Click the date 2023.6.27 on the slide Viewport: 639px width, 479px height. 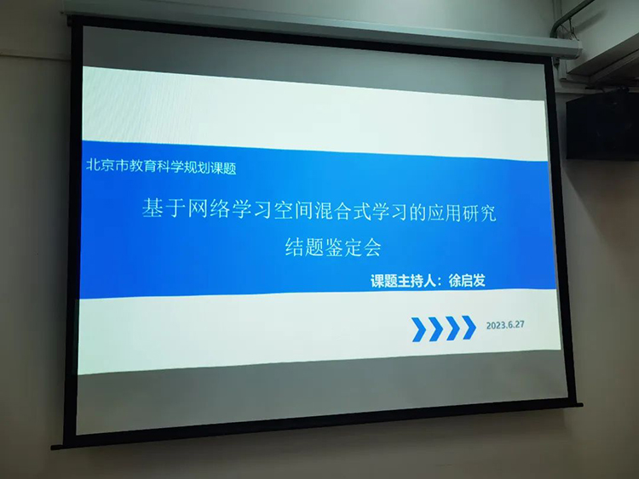(x=505, y=325)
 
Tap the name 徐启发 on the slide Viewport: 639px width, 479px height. (x=467, y=281)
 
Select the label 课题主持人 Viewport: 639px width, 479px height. (x=403, y=282)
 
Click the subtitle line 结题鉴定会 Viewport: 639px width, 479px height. (x=333, y=247)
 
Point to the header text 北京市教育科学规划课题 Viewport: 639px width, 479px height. (x=161, y=166)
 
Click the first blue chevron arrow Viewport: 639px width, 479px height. (x=419, y=329)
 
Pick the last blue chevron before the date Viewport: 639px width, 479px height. (x=469, y=328)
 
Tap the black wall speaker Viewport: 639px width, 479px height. (x=602, y=126)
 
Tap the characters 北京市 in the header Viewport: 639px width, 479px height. (x=106, y=165)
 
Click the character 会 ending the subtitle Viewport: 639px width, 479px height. (x=372, y=248)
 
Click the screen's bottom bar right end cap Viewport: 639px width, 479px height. (x=579, y=404)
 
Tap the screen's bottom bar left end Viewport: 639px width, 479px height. (x=55, y=447)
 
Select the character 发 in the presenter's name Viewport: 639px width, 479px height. (x=480, y=281)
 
